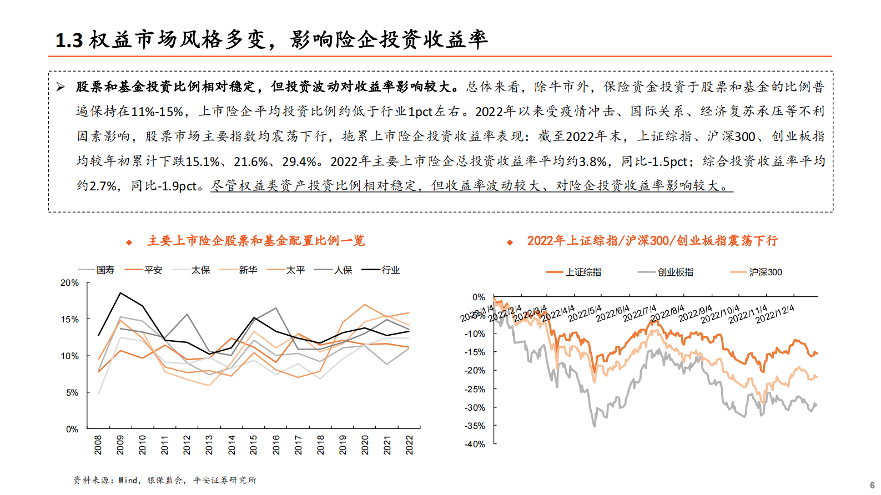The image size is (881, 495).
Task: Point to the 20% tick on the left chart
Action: tap(70, 283)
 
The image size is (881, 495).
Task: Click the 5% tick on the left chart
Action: tap(72, 393)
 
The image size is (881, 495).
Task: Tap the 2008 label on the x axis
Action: tap(98, 445)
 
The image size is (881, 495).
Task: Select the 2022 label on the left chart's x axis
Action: tap(410, 445)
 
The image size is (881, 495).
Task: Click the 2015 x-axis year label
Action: tap(254, 445)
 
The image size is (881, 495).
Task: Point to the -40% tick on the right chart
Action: tap(475, 445)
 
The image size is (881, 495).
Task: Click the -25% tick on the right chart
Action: tap(475, 390)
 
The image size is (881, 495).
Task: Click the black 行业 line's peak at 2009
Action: tap(120, 293)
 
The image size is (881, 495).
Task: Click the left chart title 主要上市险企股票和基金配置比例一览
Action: tap(256, 241)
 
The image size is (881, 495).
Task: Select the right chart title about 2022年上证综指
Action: tap(652, 241)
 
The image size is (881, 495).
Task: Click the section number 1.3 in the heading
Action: tap(69, 41)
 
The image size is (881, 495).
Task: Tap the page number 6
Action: tap(872, 485)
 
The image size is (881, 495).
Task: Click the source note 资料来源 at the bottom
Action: tap(165, 481)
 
